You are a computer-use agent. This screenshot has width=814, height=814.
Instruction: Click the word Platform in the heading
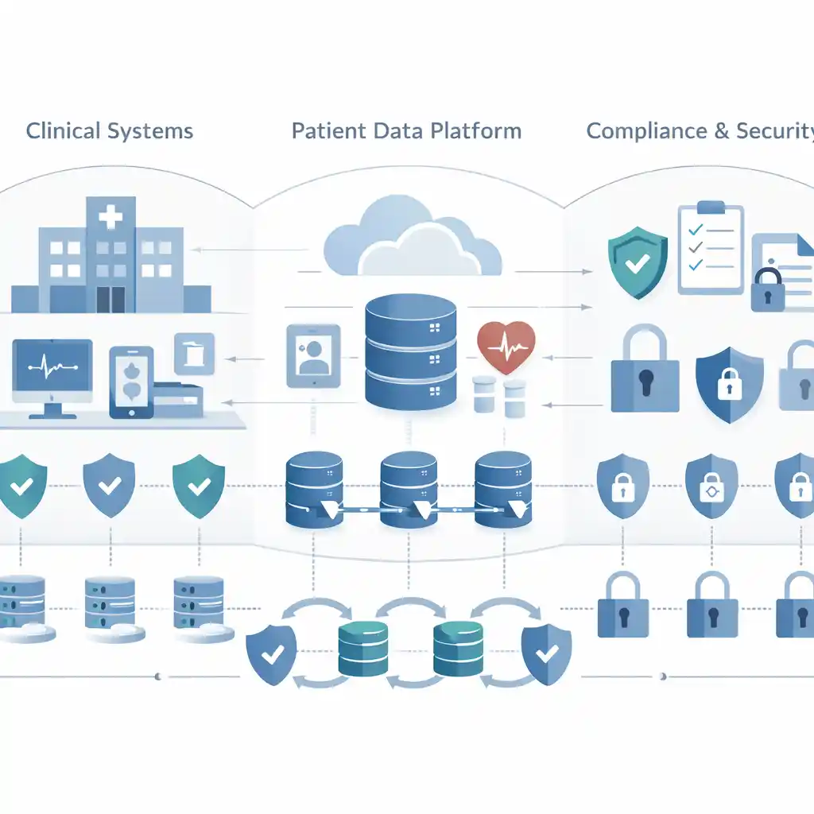point(480,130)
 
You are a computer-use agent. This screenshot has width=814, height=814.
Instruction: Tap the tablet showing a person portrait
point(312,355)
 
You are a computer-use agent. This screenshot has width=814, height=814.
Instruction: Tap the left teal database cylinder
point(362,648)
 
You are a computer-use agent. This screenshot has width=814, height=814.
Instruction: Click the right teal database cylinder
point(458,648)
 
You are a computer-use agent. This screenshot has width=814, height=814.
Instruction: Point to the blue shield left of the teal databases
point(271,653)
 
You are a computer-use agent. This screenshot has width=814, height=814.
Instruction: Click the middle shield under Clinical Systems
point(109,484)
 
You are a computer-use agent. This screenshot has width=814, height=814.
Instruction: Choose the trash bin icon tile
point(194,353)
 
